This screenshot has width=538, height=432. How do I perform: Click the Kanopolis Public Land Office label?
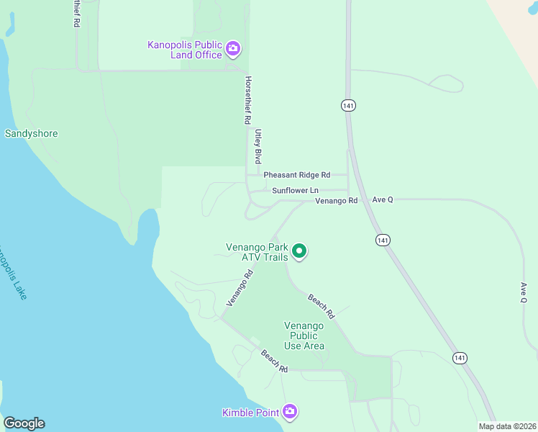[x=185, y=50]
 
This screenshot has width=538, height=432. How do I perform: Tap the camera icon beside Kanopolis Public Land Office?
[x=232, y=49]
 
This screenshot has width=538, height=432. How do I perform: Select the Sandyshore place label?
[x=31, y=133]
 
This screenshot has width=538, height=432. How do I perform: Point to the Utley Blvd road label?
[x=257, y=146]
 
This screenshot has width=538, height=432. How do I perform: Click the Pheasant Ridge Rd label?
[x=296, y=175]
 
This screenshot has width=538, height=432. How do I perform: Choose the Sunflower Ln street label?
[x=295, y=190]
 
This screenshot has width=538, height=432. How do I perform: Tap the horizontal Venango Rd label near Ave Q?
[x=336, y=200]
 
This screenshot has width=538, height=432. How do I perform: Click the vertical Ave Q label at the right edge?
[x=524, y=292]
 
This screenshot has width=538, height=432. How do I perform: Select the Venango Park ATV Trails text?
[x=257, y=252]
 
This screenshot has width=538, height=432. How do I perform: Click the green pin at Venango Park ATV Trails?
[x=298, y=251]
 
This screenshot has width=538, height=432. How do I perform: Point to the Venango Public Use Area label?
[x=304, y=336]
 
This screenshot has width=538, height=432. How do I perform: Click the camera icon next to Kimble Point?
[x=290, y=412]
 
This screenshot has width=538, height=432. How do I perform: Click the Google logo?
[x=24, y=423]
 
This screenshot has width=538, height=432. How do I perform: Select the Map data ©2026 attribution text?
[x=507, y=426]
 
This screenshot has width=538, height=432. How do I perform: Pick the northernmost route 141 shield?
[x=348, y=105]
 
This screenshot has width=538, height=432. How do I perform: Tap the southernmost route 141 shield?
[x=460, y=357]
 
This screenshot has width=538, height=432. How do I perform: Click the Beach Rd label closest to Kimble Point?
[x=274, y=361]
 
